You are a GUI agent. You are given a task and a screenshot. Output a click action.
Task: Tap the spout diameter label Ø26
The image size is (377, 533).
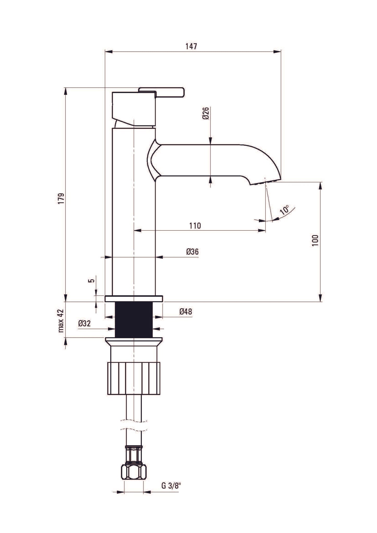tap(206, 113)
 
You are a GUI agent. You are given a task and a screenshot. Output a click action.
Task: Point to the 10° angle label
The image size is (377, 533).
tap(285, 210)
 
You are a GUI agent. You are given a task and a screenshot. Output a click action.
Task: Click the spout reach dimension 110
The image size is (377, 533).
tap(195, 225)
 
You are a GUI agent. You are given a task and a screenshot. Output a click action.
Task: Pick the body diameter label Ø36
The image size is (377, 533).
tap(193, 252)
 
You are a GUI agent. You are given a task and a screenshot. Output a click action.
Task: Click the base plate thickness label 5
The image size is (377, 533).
tap(91, 281)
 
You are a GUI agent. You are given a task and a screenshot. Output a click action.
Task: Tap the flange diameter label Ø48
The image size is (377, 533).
tap(185, 312)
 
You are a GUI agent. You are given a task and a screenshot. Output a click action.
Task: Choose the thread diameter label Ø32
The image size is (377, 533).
tap(84, 324)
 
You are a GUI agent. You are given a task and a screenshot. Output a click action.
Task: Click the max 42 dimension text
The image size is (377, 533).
tap(61, 321)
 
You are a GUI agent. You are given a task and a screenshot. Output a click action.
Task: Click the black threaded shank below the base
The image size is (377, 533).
tap(134, 319)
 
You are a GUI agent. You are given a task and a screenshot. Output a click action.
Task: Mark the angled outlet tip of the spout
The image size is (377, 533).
tap(265, 181)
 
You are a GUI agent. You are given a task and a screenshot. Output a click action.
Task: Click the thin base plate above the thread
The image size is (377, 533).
tap(134, 299)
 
